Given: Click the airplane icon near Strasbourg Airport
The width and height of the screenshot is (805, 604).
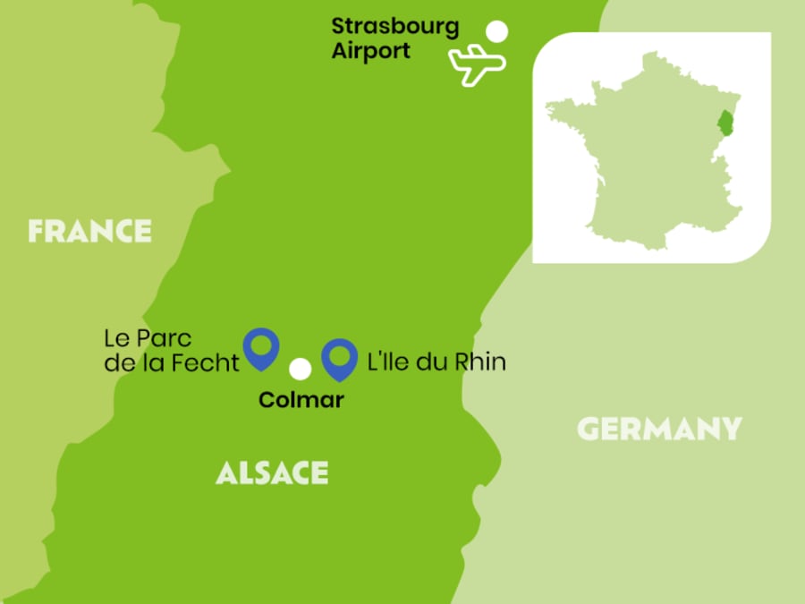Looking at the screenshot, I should pyautogui.click(x=477, y=64).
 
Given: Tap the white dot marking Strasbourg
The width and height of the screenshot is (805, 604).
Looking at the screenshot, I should pyautogui.click(x=496, y=32).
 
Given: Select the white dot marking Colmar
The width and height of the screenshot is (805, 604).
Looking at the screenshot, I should pyautogui.click(x=301, y=369).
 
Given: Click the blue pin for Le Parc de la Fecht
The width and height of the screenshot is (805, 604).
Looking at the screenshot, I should pyautogui.click(x=261, y=346).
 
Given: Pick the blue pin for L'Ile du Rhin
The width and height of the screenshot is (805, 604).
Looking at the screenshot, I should pyautogui.click(x=339, y=358).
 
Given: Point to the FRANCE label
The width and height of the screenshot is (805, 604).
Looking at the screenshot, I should pyautogui.click(x=89, y=231).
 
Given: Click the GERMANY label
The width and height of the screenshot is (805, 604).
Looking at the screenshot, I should pyautogui.click(x=659, y=429).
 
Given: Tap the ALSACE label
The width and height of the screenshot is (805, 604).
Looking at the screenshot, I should pyautogui.click(x=272, y=472).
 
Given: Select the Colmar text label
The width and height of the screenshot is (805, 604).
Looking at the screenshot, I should pyautogui.click(x=301, y=400).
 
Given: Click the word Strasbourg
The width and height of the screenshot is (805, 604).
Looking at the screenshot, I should pyautogui.click(x=394, y=26).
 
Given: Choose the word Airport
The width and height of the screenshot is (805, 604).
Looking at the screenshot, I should pyautogui.click(x=370, y=51).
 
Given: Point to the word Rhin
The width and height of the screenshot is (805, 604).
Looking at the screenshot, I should pyautogui.click(x=482, y=362).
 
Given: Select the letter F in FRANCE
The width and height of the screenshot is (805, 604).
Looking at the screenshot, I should pyautogui.click(x=37, y=231).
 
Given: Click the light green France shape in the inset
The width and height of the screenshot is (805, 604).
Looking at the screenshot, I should pyautogui.click(x=644, y=161).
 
